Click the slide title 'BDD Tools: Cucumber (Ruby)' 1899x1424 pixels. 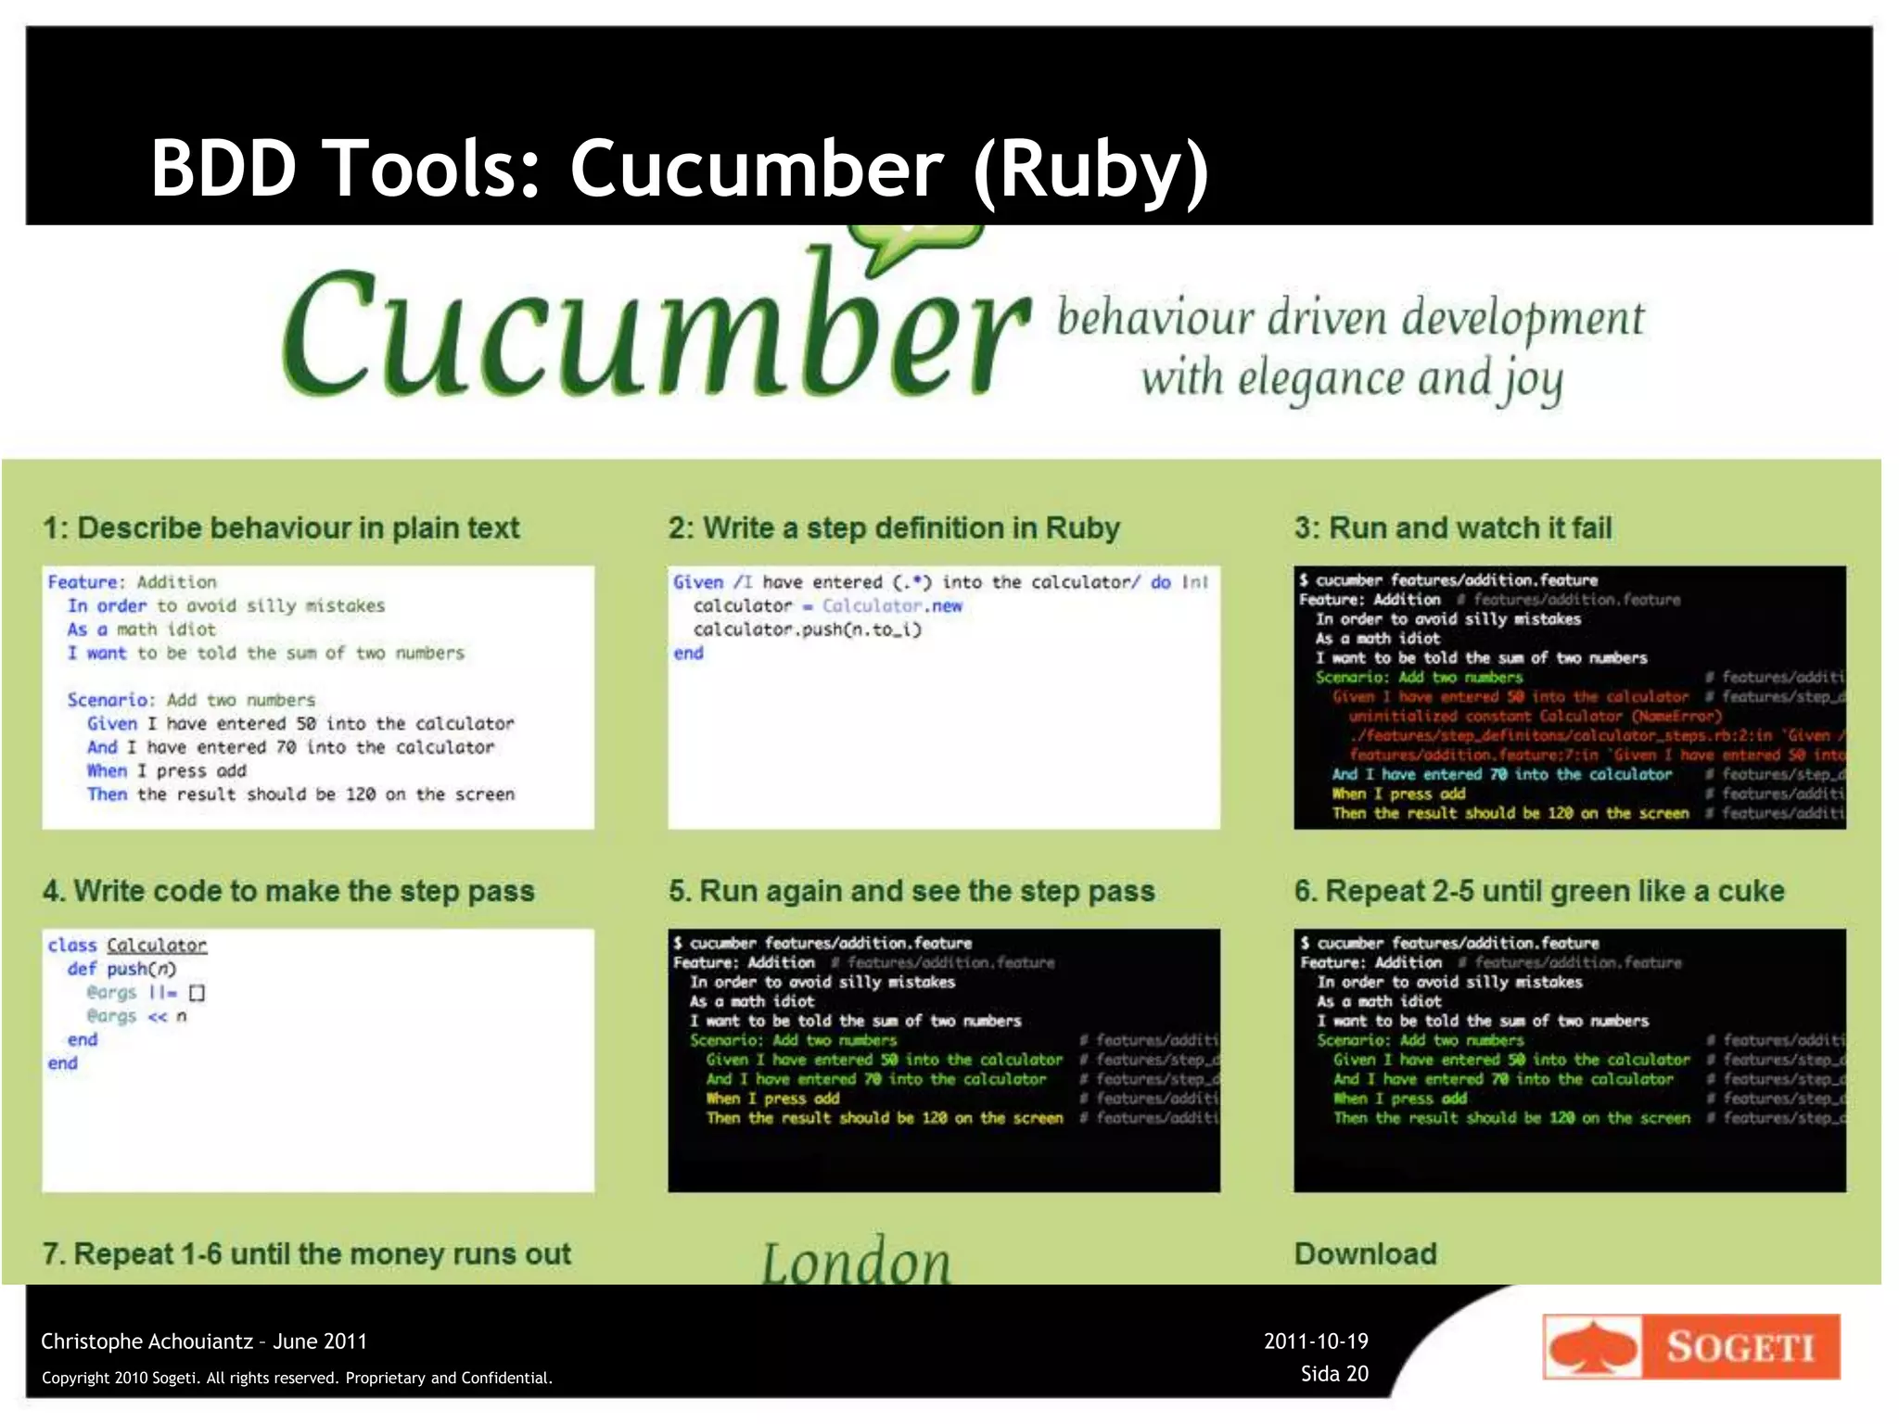pyautogui.click(x=680, y=168)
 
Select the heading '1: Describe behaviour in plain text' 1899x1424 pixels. pyautogui.click(x=281, y=528)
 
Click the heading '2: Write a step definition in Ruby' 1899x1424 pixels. pyautogui.click(x=894, y=528)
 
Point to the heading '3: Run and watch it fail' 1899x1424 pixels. pyautogui.click(x=1453, y=528)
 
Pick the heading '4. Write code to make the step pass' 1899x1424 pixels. pyautogui.click(x=288, y=891)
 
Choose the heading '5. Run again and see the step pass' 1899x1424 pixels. pyautogui.click(x=911, y=891)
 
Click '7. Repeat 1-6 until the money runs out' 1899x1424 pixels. pyautogui.click(x=306, y=1253)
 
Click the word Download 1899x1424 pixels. pyautogui.click(x=1365, y=1253)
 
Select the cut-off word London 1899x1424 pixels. pyautogui.click(x=856, y=1261)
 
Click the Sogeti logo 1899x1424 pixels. pyautogui.click(x=1690, y=1346)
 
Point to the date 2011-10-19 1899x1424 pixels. pyautogui.click(x=1316, y=1341)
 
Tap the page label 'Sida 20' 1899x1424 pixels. pyautogui.click(x=1334, y=1373)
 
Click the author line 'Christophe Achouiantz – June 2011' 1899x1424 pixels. pyautogui.click(x=204, y=1341)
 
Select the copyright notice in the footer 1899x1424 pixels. pyautogui.click(x=297, y=1378)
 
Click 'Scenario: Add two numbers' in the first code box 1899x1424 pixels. pyautogui.click(x=191, y=700)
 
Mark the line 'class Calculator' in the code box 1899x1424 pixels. pyautogui.click(x=127, y=945)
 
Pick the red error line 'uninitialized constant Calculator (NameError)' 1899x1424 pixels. pyautogui.click(x=1535, y=716)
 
